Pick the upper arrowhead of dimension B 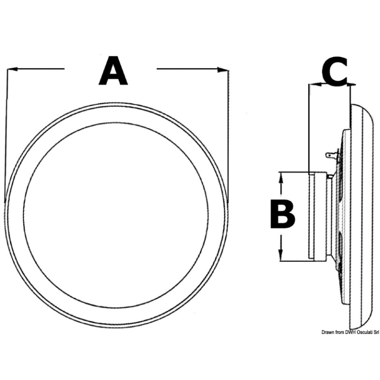[282, 176]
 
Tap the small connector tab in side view [330, 156]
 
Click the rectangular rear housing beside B [318, 215]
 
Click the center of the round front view [116, 216]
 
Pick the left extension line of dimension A [6, 134]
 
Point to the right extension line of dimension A [229, 134]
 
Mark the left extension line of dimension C [309, 129]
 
